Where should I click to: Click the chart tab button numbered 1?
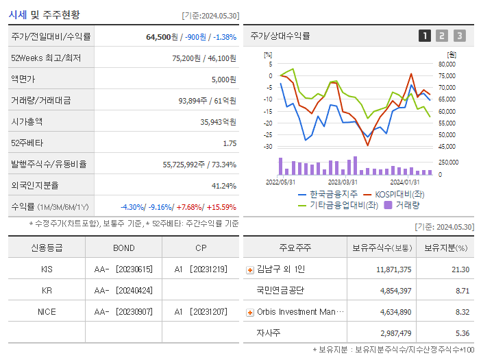tap(425, 36)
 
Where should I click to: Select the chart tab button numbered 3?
tap(459, 36)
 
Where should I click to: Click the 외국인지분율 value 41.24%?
tap(224, 186)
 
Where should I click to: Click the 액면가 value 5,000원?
tap(223, 80)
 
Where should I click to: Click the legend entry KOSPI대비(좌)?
tap(390, 194)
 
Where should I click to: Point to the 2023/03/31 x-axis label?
tap(343, 182)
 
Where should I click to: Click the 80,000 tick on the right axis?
tap(447, 64)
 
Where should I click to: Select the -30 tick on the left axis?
tap(268, 147)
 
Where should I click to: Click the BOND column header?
tap(123, 248)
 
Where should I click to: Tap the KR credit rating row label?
tap(47, 290)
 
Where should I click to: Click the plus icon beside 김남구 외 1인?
tap(250, 269)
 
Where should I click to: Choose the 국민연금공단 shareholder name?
tap(280, 290)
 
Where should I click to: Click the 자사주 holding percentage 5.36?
tap(462, 333)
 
